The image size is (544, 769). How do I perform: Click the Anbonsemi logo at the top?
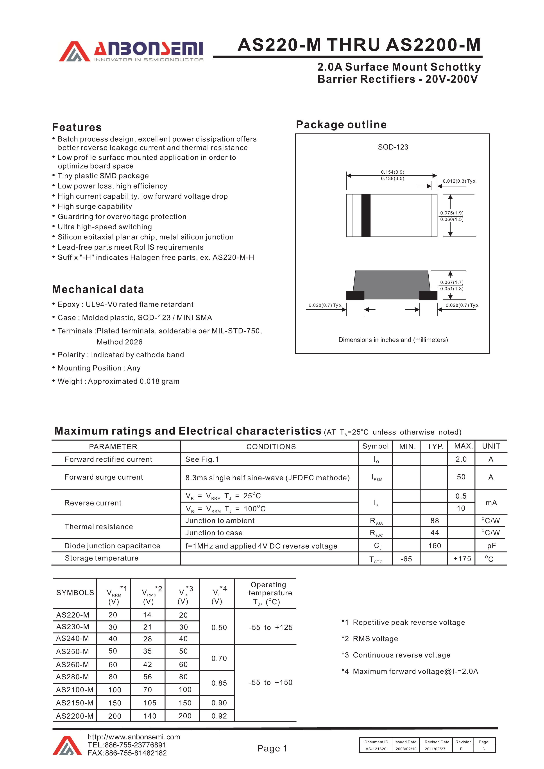(131, 52)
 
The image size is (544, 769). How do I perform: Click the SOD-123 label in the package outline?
(393, 147)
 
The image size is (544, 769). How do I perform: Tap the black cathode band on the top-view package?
(366, 215)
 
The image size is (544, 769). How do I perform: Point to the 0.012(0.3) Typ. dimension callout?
(459, 181)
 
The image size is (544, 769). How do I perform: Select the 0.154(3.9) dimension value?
(392, 172)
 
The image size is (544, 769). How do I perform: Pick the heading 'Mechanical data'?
(98, 289)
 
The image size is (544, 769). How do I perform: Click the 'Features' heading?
(77, 127)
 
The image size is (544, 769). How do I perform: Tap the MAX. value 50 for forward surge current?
(461, 477)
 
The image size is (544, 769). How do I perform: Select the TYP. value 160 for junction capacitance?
(434, 546)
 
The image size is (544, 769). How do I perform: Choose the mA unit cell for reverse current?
(491, 503)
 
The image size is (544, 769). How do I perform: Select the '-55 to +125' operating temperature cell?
(270, 627)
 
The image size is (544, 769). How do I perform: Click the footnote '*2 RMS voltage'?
(370, 639)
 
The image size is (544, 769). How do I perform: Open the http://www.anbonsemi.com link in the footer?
(134, 737)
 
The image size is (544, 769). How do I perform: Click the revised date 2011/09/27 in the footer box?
(435, 749)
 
